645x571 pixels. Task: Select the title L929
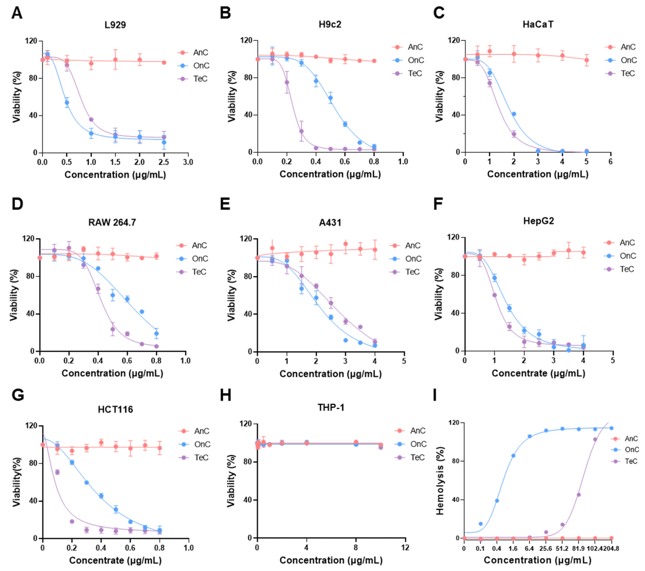(x=115, y=25)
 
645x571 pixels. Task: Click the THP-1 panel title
(x=331, y=407)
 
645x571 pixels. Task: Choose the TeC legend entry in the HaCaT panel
(x=628, y=73)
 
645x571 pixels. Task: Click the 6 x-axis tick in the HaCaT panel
(x=611, y=162)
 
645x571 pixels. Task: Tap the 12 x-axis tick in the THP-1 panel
(x=405, y=548)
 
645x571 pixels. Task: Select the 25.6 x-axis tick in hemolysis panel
(x=546, y=549)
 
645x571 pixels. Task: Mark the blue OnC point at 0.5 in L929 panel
(x=67, y=102)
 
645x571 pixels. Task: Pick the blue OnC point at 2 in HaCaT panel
(x=514, y=114)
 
